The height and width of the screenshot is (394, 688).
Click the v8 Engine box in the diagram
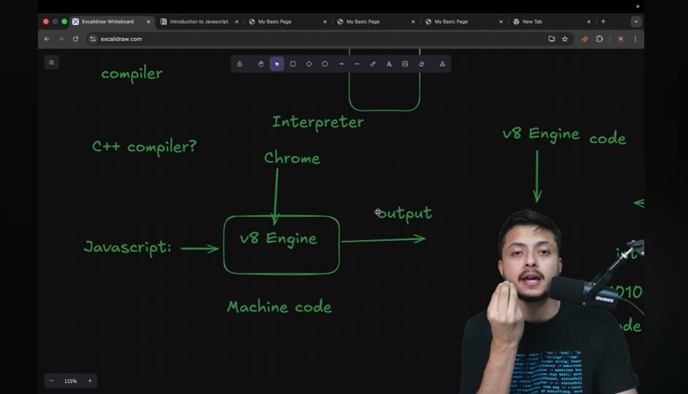coord(281,244)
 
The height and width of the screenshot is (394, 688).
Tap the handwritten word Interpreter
coord(318,122)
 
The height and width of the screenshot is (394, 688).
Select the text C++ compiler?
coord(144,146)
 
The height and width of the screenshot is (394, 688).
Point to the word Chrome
coord(292,158)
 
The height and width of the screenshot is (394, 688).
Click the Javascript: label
coord(127,248)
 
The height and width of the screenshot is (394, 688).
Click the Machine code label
coord(279,307)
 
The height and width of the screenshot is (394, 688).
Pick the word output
coord(405,214)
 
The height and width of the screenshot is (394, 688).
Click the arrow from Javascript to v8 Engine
coord(199,249)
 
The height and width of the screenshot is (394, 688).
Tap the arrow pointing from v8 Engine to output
coord(383,239)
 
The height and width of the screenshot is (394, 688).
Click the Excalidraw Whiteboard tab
coord(108,22)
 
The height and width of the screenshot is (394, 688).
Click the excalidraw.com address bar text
coord(121,39)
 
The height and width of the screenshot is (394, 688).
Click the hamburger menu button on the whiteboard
coord(51,62)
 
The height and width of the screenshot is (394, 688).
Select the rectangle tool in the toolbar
coord(293,64)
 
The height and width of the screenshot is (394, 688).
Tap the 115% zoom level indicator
coord(70,381)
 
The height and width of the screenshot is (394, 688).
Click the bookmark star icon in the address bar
coord(565,39)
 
